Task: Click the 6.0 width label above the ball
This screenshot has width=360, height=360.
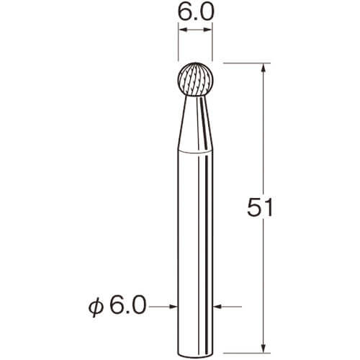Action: [x=195, y=12]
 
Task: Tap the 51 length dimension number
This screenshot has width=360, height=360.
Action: [x=260, y=207]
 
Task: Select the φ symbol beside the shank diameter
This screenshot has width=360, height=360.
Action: [x=96, y=307]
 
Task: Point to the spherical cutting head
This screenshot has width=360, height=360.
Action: [x=195, y=80]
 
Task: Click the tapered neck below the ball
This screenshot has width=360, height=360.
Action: [x=195, y=124]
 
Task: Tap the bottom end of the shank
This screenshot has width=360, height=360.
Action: [x=195, y=354]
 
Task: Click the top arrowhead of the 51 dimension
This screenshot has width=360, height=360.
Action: [x=264, y=68]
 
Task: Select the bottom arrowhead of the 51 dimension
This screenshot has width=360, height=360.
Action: [x=264, y=348]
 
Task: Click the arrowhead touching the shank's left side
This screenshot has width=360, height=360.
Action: [x=174, y=306]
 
